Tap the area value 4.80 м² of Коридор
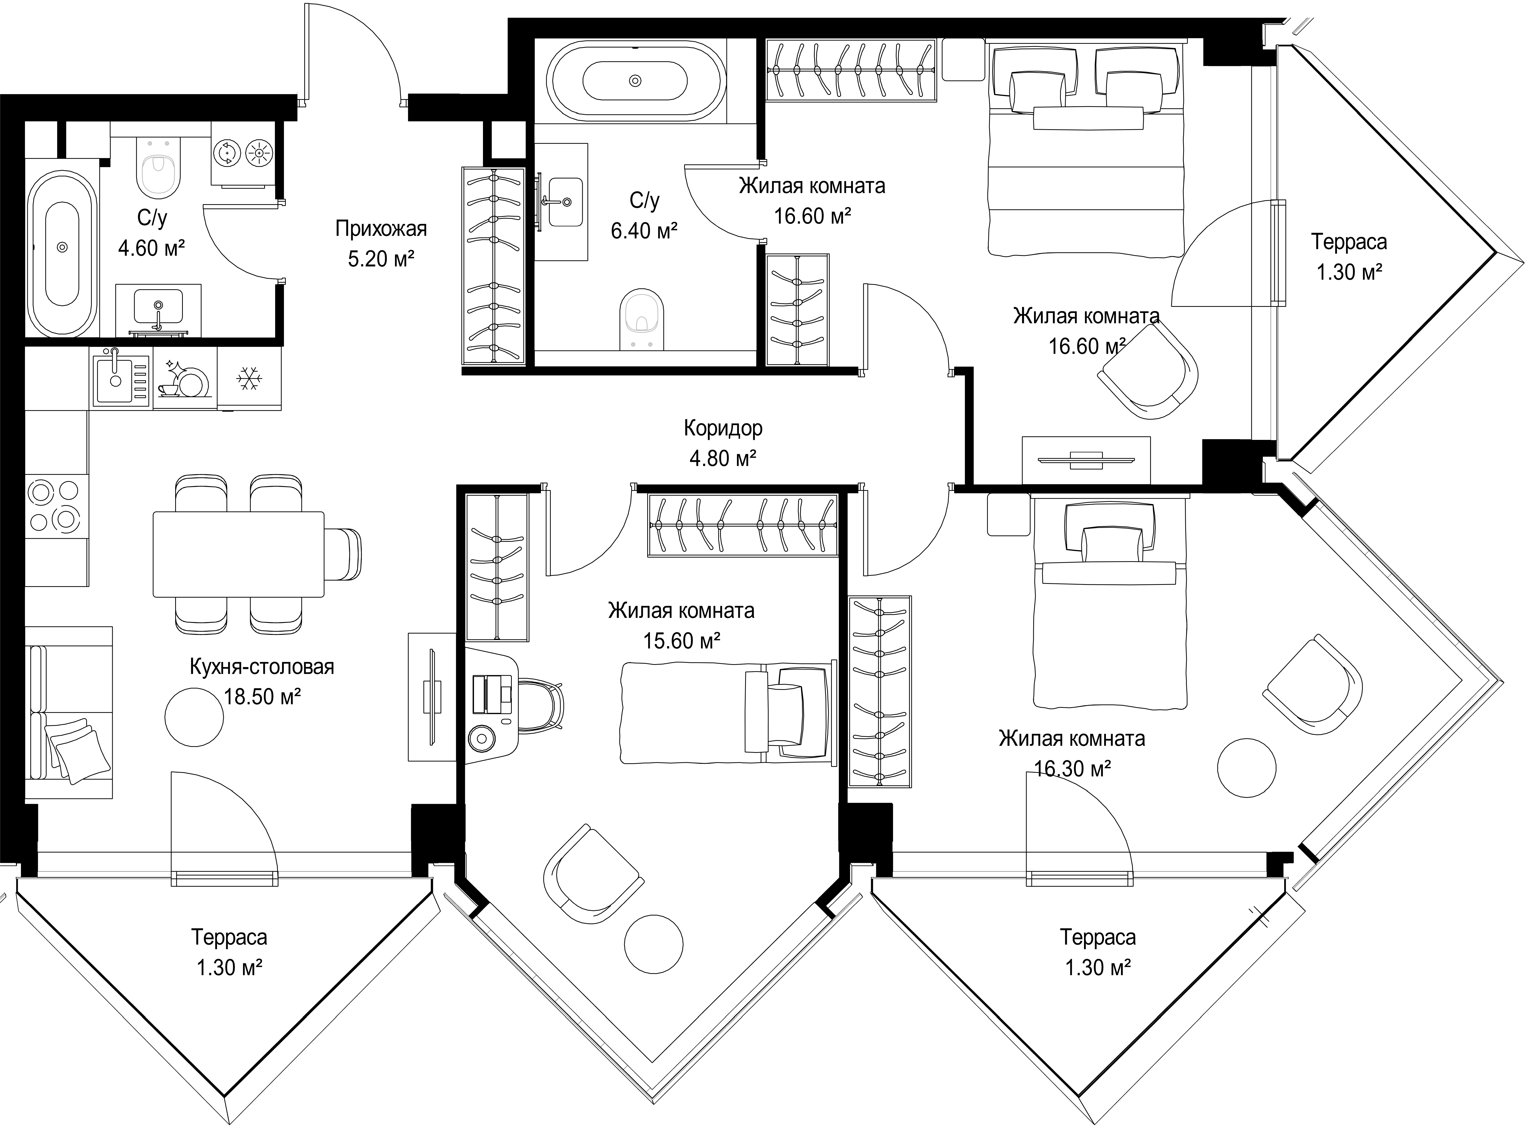(x=723, y=458)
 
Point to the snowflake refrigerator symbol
(x=248, y=378)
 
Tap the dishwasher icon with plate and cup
(x=183, y=378)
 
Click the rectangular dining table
(x=238, y=554)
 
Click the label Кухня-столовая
(x=262, y=666)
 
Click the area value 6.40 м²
(x=644, y=231)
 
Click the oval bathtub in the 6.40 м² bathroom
(x=634, y=81)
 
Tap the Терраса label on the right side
(x=1349, y=241)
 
